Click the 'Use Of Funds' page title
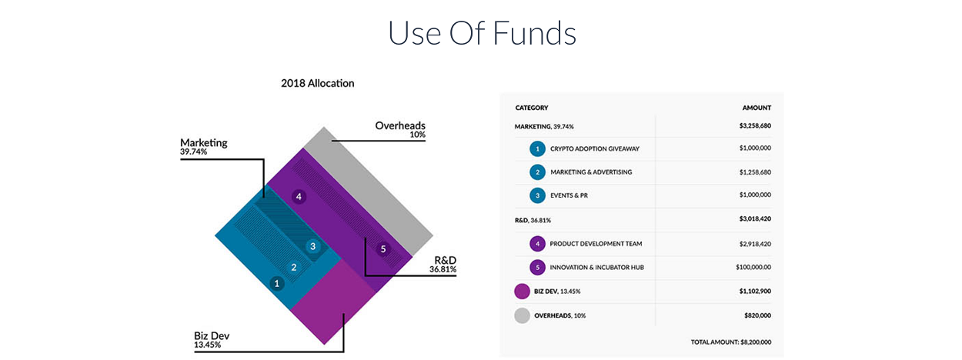tap(482, 33)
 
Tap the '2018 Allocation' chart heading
tap(317, 83)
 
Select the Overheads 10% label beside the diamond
tap(400, 129)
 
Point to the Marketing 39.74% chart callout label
tap(204, 146)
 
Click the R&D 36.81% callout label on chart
tap(443, 265)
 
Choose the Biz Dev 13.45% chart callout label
tap(212, 339)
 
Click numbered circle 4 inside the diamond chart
tap(299, 197)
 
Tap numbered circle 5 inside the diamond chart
tap(383, 249)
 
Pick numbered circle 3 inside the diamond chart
tap(312, 246)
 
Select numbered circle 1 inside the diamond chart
tap(276, 283)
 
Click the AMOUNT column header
tap(757, 108)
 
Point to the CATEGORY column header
tap(532, 108)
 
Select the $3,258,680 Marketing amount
tap(755, 125)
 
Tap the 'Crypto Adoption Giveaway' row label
tap(595, 149)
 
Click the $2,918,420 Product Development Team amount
tap(755, 244)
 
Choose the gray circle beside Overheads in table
tap(523, 315)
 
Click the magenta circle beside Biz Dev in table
tap(523, 292)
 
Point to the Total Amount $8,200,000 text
tap(731, 342)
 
